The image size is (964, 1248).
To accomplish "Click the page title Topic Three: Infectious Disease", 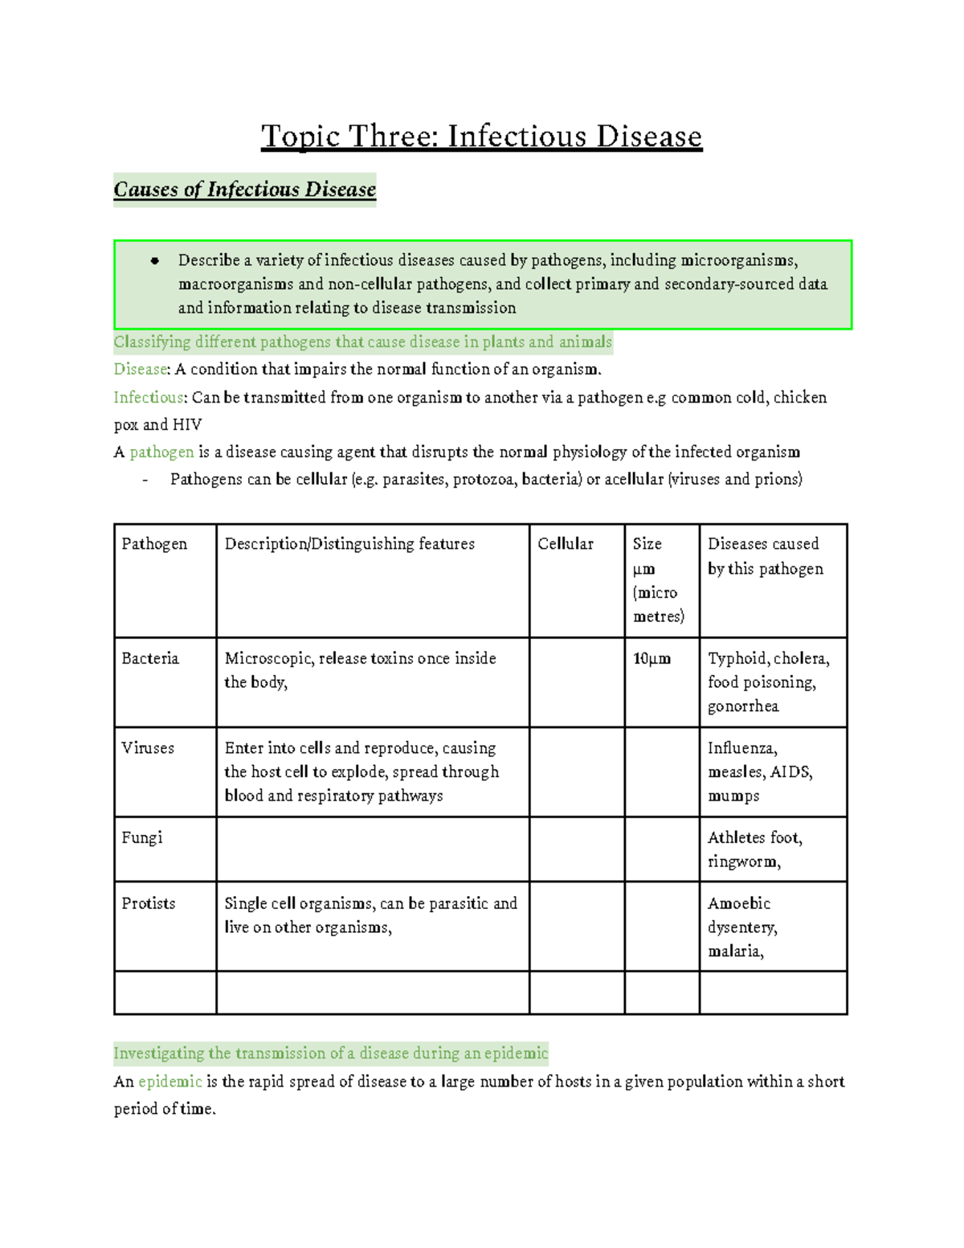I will point(481,137).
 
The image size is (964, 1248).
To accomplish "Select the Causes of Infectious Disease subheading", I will point(244,190).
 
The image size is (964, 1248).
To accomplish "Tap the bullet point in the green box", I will point(155,260).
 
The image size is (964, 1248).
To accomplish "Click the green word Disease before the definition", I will point(140,370).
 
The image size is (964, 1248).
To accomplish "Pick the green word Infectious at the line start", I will point(149,398).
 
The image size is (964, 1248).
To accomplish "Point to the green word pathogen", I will point(161,452).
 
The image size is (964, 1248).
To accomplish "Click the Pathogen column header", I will point(154,544).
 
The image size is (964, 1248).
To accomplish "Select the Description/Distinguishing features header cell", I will point(349,544).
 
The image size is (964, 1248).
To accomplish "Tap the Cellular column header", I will point(566,544).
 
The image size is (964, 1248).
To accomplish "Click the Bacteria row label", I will point(150,659).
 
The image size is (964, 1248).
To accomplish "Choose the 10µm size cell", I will point(652,659).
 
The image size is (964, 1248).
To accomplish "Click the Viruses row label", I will point(148,748).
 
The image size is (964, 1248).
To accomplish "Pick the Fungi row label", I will point(142,838).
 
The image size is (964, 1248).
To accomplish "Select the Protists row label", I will point(149,904).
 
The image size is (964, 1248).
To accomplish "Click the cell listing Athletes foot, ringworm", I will point(754,849).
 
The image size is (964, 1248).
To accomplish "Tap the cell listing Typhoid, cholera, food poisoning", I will point(768,681).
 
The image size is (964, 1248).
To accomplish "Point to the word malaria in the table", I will point(735,951).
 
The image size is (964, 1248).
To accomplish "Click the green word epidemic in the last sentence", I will point(170,1082).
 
